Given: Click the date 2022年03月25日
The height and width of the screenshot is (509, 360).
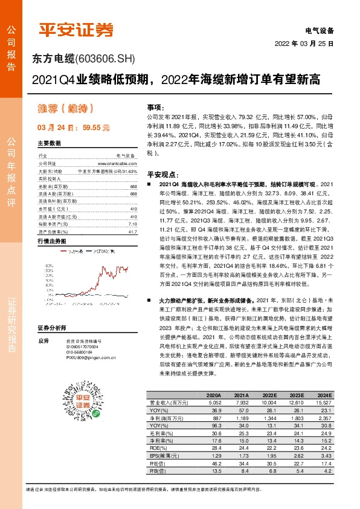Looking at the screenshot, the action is point(304,44).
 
